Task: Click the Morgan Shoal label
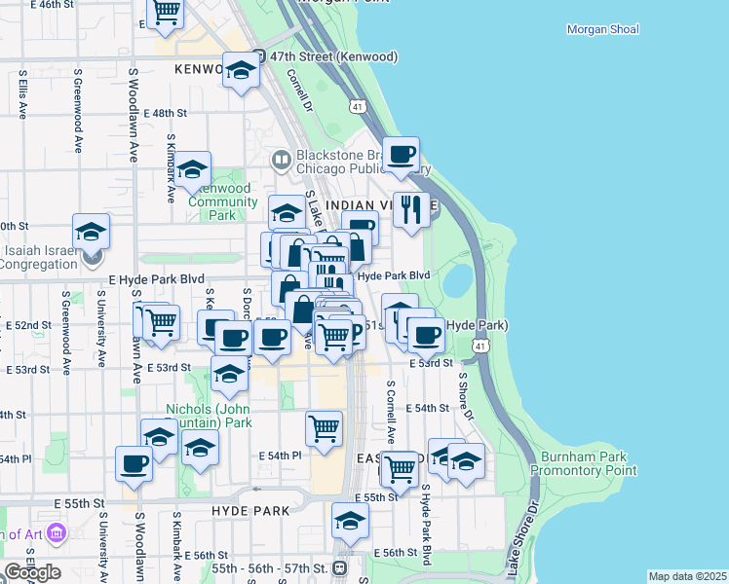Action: click(x=603, y=29)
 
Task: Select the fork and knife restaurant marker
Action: click(x=411, y=208)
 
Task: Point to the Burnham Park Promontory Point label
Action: click(x=585, y=463)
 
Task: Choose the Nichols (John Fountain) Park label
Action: click(x=210, y=416)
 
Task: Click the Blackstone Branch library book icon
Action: click(x=281, y=158)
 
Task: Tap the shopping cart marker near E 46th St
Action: click(x=166, y=12)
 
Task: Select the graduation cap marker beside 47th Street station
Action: click(x=241, y=69)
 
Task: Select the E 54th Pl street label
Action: click(x=280, y=456)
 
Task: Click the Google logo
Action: click(x=32, y=572)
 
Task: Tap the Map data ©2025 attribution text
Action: click(x=687, y=576)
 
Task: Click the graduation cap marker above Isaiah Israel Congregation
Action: click(x=91, y=232)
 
